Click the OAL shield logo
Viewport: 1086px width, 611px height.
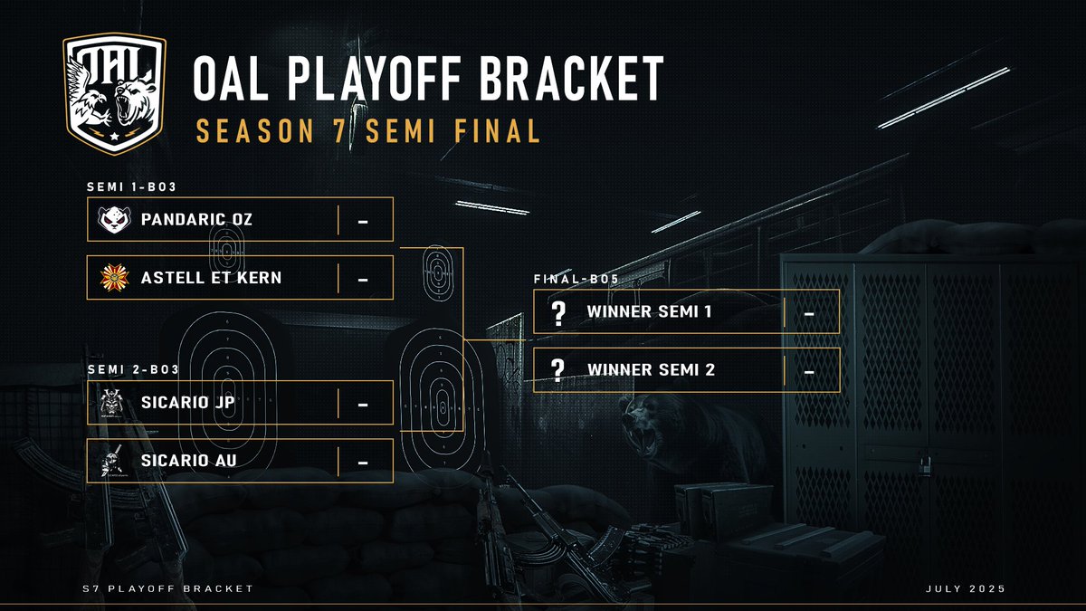click(x=114, y=92)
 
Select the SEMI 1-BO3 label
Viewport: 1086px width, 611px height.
click(x=130, y=187)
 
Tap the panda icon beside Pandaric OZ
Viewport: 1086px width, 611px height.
click(x=114, y=219)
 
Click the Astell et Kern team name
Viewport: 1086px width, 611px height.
click(x=211, y=277)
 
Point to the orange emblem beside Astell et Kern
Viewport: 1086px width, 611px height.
click(x=114, y=277)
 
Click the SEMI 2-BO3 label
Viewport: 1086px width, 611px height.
click(x=132, y=370)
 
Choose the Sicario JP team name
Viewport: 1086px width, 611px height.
click(x=188, y=403)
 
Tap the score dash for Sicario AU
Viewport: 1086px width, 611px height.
click(x=363, y=462)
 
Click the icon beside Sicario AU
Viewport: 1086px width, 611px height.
click(x=114, y=461)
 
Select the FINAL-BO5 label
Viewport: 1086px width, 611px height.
click(x=576, y=280)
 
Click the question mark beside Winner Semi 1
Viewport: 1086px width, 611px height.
click(x=558, y=312)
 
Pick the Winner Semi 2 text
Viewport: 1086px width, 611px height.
click(x=652, y=369)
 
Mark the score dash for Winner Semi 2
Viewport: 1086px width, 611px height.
click(x=809, y=370)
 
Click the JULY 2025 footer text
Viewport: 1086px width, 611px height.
click(x=966, y=590)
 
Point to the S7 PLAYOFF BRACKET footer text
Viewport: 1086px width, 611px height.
click(x=167, y=590)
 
